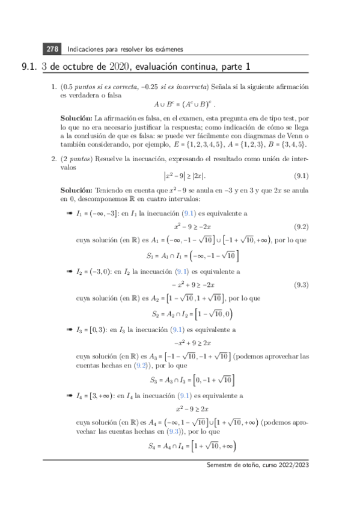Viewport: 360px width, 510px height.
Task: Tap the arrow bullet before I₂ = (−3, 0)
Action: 69,271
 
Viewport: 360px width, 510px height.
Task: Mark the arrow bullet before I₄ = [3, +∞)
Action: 69,397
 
